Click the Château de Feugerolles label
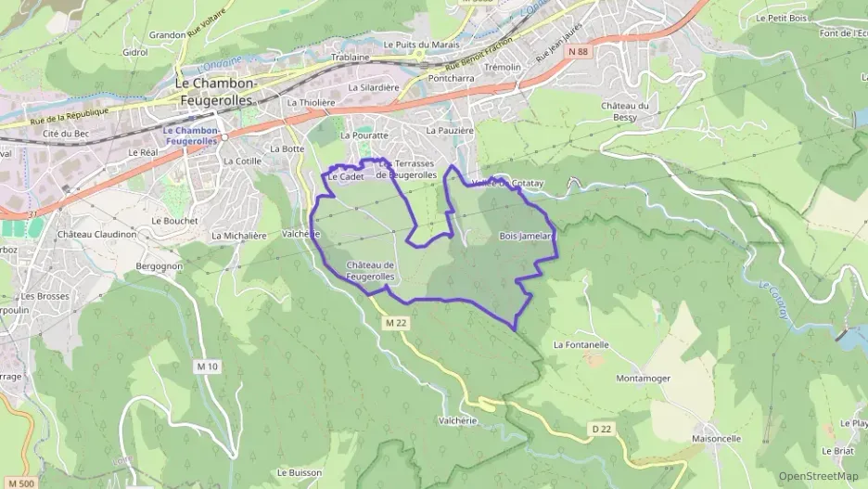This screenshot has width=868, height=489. pyautogui.click(x=371, y=271)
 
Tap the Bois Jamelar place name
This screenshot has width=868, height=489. pyautogui.click(x=525, y=236)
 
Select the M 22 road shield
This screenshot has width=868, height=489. pyautogui.click(x=396, y=322)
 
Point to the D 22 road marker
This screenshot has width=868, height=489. pyautogui.click(x=602, y=428)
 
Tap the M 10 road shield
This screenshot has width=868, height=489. pyautogui.click(x=207, y=367)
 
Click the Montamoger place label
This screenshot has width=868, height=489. pyautogui.click(x=643, y=379)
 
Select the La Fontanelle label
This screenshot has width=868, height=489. pyautogui.click(x=581, y=344)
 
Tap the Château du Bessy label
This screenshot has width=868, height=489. pyautogui.click(x=631, y=111)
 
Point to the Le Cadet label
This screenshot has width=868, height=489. pyautogui.click(x=345, y=176)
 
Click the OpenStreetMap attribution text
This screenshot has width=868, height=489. pyautogui.click(x=818, y=476)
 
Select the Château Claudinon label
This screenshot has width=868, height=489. pyautogui.click(x=96, y=235)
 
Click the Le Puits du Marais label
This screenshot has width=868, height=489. pyautogui.click(x=421, y=44)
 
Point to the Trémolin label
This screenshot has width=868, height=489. pyautogui.click(x=503, y=68)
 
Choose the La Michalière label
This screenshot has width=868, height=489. pyautogui.click(x=238, y=236)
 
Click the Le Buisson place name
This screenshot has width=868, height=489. pyautogui.click(x=298, y=472)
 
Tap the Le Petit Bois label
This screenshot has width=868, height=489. pyautogui.click(x=781, y=18)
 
